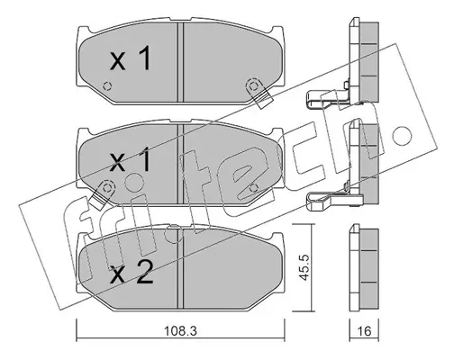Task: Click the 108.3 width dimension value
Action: coord(180,331)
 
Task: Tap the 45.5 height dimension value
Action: coord(305,267)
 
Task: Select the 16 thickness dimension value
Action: coord(365,331)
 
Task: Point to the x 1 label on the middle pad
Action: coord(130,161)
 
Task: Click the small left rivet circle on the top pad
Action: coord(107,86)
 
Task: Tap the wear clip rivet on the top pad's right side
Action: coord(254,86)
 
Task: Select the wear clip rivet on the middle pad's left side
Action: coord(106,188)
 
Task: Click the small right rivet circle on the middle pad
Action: coord(254,188)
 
